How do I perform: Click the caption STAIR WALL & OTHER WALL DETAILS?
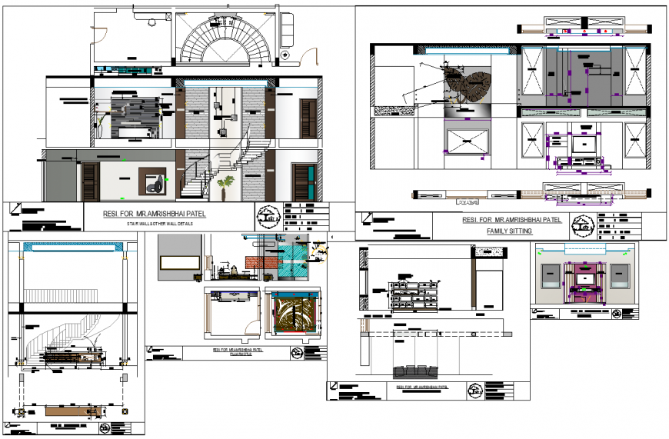pos(160,223)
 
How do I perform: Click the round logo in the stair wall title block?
pos(268,216)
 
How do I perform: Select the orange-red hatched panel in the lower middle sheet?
pos(260,263)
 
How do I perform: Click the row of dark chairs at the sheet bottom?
pos(414,371)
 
